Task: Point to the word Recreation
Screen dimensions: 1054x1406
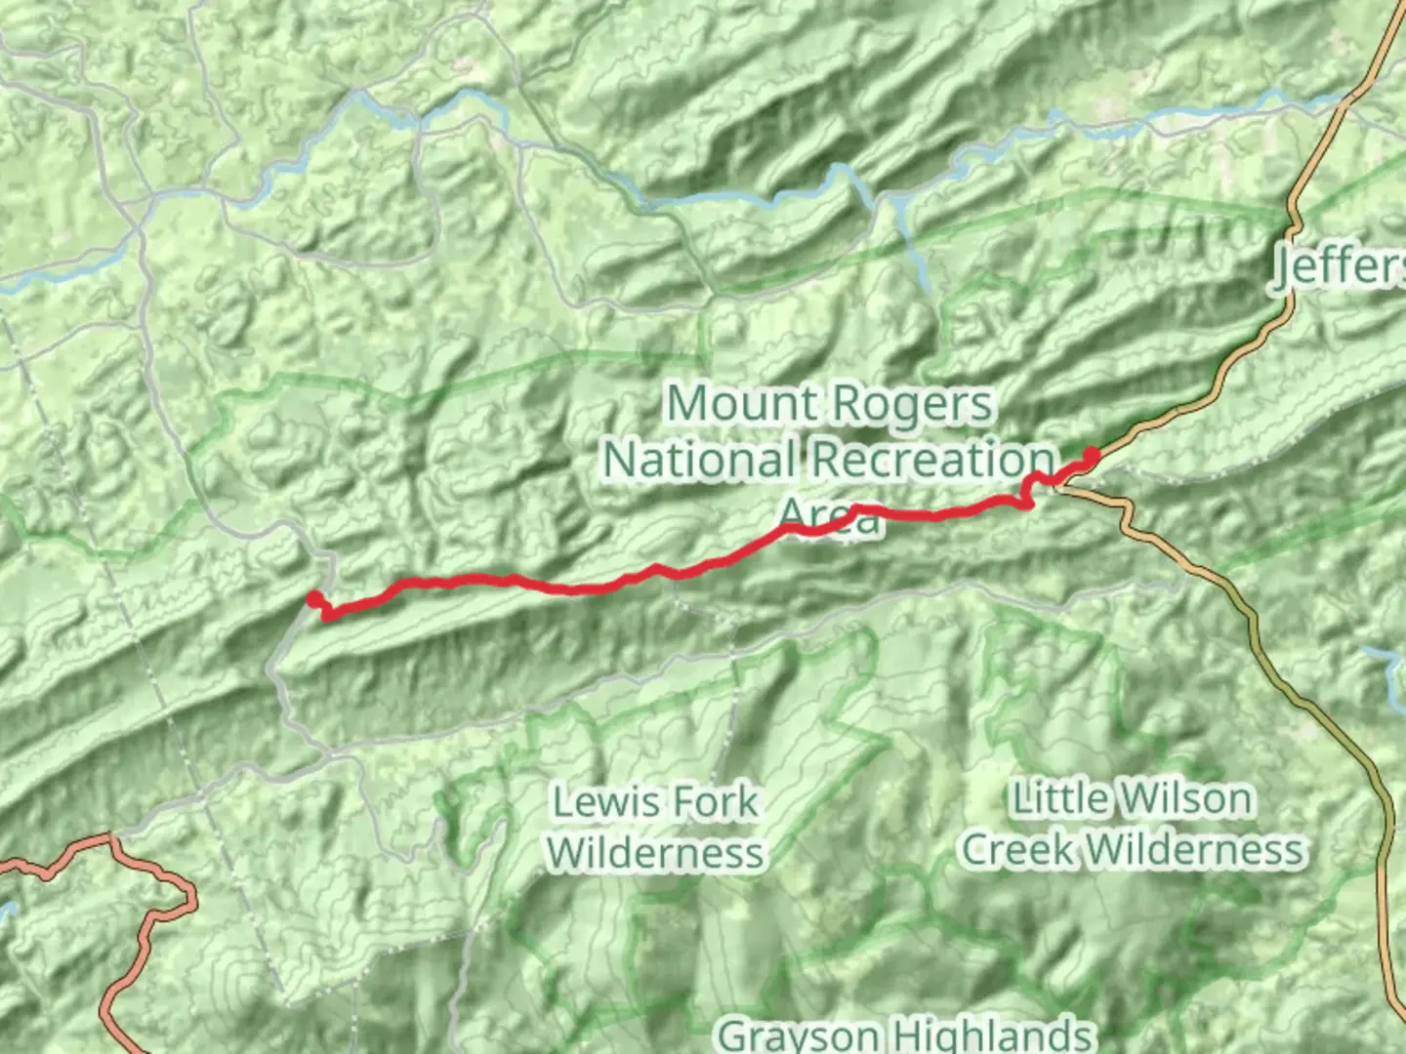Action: [933, 459]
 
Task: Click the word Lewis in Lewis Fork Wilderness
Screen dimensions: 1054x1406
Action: [597, 802]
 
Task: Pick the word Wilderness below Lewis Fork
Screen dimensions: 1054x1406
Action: [655, 852]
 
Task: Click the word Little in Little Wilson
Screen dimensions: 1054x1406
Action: [1057, 798]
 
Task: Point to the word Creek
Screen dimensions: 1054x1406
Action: [1019, 849]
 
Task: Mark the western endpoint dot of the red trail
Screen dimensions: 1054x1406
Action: [314, 599]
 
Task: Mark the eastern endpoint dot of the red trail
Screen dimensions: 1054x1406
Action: [1092, 454]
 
